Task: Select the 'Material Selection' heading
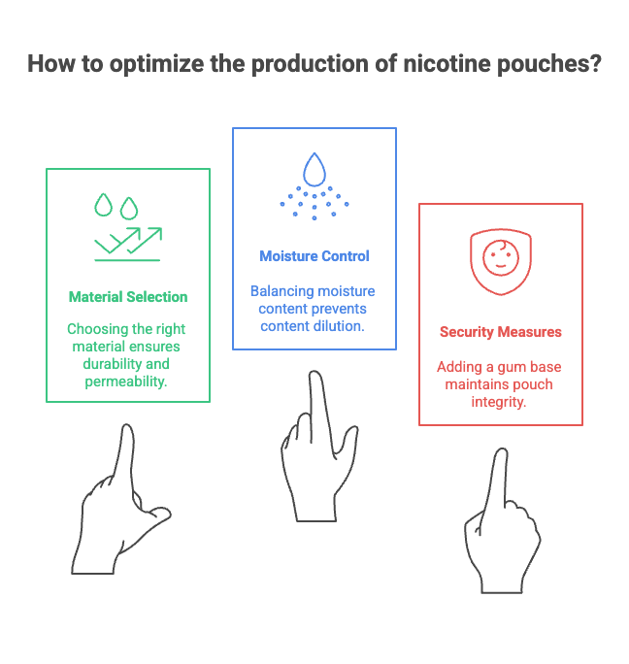128,296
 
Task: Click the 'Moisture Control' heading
314,256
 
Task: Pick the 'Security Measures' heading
501,332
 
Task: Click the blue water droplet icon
314,170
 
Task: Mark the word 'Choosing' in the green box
95,328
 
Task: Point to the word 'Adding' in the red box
458,368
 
